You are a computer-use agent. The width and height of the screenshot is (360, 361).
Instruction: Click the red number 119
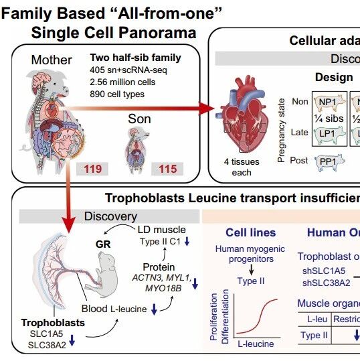(x=93, y=169)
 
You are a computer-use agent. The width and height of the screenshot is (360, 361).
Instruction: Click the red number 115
(x=168, y=169)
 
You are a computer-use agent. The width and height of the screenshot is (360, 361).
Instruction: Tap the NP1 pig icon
(x=329, y=102)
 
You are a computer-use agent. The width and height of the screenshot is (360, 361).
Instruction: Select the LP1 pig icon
(x=329, y=134)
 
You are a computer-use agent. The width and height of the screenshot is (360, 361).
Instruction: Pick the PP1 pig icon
(x=330, y=162)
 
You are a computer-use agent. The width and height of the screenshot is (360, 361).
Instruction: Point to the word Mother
(x=52, y=60)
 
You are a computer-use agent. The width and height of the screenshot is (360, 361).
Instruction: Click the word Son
(x=139, y=119)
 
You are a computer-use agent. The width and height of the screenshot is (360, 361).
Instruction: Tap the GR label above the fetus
(x=103, y=244)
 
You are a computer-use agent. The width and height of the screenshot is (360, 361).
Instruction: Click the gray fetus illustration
(x=104, y=272)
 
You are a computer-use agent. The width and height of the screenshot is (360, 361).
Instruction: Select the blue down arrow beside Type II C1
(x=187, y=241)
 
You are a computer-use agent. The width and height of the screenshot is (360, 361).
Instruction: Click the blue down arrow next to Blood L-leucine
(x=154, y=309)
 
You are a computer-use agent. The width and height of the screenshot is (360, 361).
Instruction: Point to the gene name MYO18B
(x=163, y=288)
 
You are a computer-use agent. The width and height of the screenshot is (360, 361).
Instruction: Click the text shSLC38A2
(x=326, y=283)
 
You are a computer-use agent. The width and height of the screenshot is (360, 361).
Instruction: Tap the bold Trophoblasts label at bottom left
(x=53, y=323)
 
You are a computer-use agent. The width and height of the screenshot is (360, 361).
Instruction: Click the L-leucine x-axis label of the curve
(x=256, y=344)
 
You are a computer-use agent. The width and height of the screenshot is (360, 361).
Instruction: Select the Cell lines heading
(x=251, y=233)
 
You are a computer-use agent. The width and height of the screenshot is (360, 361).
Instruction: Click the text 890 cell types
(x=117, y=94)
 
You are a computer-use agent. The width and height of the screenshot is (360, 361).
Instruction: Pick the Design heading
(x=334, y=78)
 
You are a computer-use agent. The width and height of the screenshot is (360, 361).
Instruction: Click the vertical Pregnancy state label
(x=281, y=131)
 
